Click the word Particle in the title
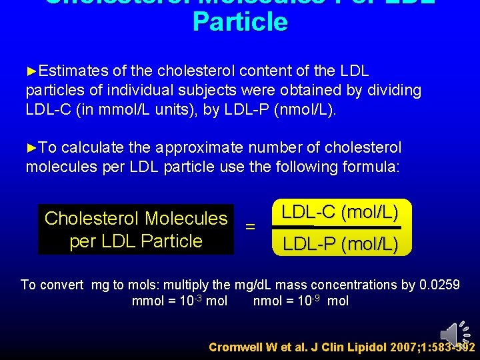240,22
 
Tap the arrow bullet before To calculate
31,147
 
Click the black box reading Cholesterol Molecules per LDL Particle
136,229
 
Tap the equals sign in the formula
251,227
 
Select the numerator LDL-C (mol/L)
340,213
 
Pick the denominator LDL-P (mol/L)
340,245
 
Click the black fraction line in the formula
340,229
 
